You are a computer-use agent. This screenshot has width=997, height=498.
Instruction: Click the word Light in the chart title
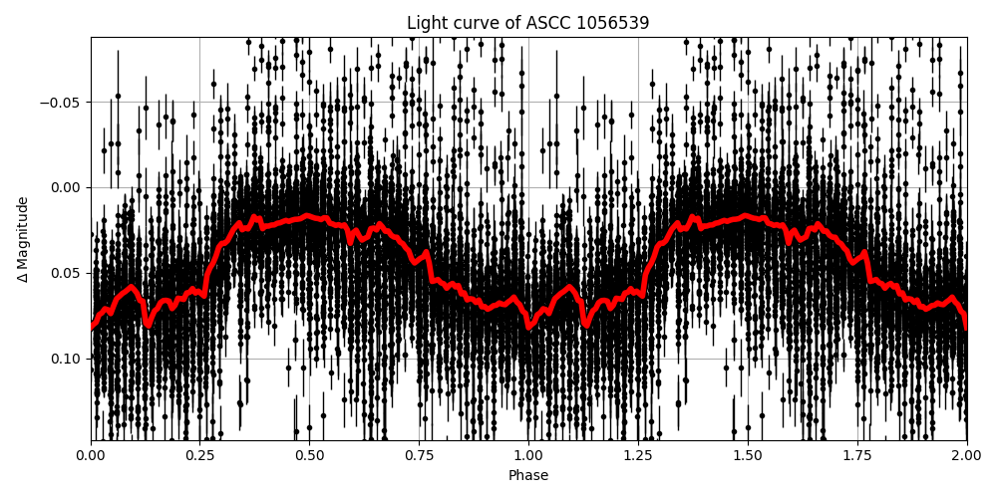(425, 23)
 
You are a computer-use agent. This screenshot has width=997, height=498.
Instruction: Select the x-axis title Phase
(528, 476)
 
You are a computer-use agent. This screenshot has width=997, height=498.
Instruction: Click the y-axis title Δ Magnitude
(23, 239)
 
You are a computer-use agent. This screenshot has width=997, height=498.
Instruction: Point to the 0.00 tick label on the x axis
(91, 455)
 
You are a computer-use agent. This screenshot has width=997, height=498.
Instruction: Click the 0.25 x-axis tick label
(200, 455)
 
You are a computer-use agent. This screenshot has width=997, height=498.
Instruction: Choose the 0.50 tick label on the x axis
(310, 455)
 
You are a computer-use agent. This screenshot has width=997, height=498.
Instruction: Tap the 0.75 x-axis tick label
(419, 455)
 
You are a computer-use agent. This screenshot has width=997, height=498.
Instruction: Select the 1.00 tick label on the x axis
(528, 455)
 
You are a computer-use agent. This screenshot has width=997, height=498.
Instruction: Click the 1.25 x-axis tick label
(638, 455)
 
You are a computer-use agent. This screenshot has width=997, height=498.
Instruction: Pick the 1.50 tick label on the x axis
(748, 455)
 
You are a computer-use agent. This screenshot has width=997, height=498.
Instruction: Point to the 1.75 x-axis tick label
(857, 455)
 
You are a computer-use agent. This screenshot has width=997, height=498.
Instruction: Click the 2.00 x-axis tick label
(966, 455)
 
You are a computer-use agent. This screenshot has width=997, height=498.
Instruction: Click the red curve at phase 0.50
(310, 215)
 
